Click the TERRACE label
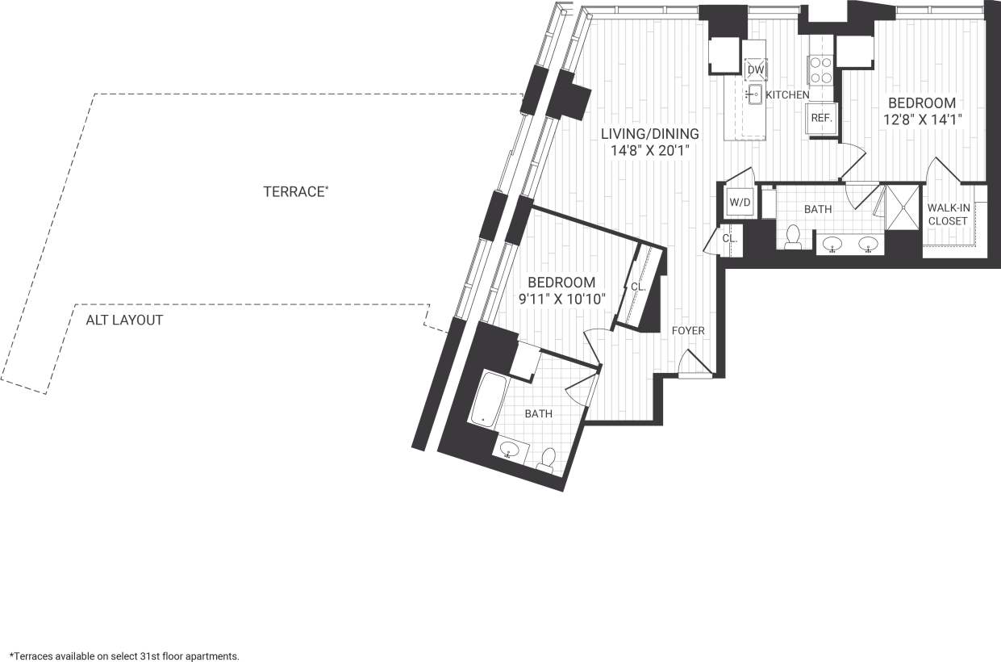tap(295, 192)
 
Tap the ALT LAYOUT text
tap(124, 320)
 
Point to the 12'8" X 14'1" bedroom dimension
tap(922, 119)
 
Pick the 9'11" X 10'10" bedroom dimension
tap(561, 298)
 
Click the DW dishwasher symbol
tap(755, 70)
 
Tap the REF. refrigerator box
tap(821, 118)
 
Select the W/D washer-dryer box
tap(739, 202)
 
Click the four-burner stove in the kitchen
tap(820, 70)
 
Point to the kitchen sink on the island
tap(754, 96)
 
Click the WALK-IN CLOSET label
tap(948, 213)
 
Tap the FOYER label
tap(688, 330)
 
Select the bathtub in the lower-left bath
tap(486, 400)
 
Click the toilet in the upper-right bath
tap(792, 237)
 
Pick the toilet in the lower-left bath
tap(547, 459)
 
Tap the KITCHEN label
tap(787, 95)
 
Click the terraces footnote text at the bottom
tap(124, 656)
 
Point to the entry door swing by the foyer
tap(693, 364)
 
